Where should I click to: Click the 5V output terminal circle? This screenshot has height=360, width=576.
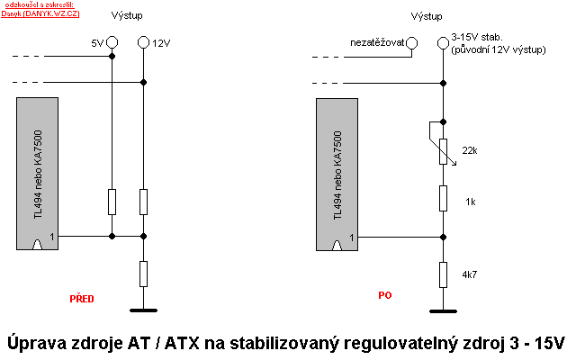(x=112, y=42)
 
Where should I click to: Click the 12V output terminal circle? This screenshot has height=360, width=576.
(x=144, y=42)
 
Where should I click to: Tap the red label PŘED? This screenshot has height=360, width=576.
(x=82, y=298)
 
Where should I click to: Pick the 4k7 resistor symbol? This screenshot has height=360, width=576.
(x=443, y=273)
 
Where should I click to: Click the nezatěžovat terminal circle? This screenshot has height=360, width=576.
(x=411, y=42)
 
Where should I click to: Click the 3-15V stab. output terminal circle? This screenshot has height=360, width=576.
(x=443, y=42)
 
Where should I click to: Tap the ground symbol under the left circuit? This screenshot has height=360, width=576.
(x=144, y=310)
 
